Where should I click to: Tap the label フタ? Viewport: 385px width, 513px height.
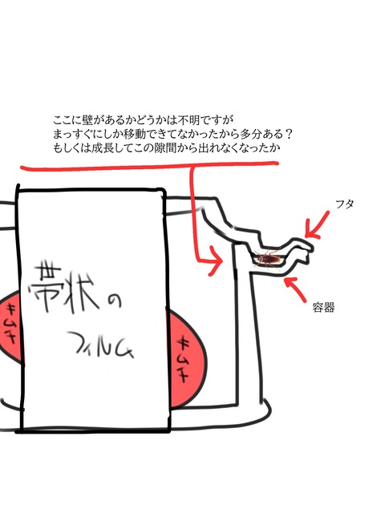(x=345, y=204)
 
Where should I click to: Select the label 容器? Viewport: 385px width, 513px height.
(x=323, y=308)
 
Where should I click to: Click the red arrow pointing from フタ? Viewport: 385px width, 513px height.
(x=317, y=224)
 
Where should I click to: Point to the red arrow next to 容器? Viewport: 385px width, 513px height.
(x=296, y=289)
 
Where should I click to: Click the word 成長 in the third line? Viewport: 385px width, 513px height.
(x=102, y=148)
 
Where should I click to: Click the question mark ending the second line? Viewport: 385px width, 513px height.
(x=287, y=134)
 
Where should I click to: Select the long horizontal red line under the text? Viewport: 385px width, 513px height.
(x=149, y=166)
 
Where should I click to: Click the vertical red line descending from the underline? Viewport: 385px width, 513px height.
(x=194, y=212)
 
